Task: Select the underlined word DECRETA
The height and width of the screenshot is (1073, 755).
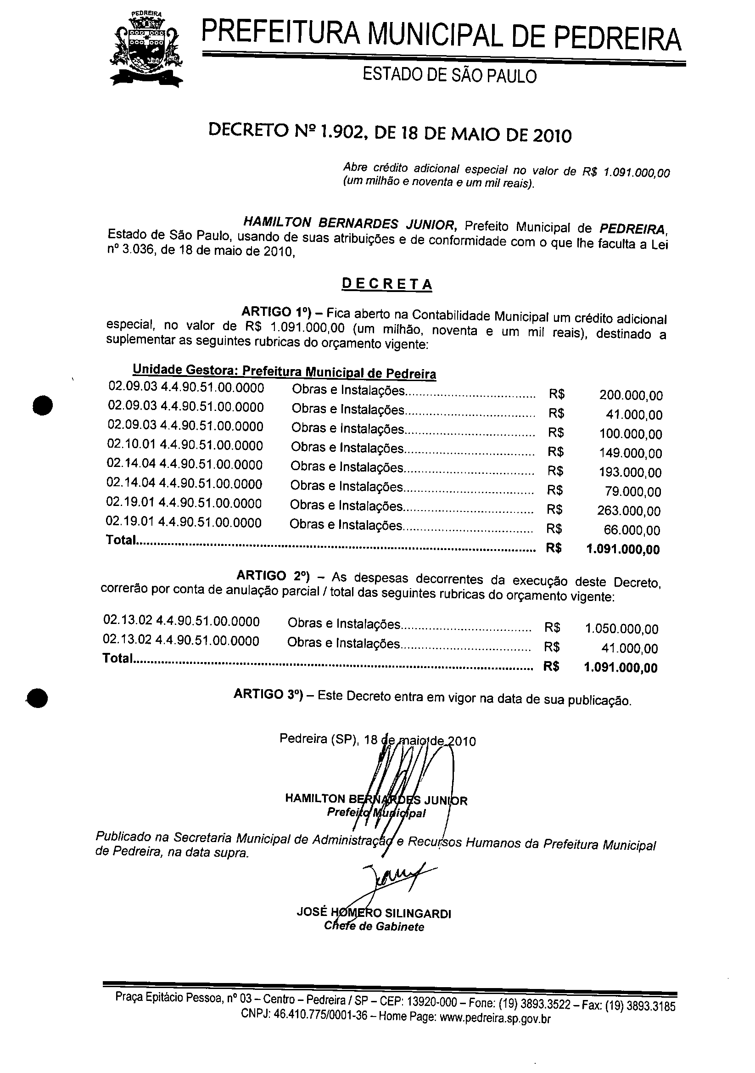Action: (387, 284)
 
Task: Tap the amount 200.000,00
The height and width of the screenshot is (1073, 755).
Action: (631, 396)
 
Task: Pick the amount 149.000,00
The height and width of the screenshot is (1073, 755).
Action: (630, 453)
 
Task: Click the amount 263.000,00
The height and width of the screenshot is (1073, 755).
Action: (629, 511)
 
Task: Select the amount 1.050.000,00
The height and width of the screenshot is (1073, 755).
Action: (621, 629)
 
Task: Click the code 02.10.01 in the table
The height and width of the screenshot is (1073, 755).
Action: (132, 445)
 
